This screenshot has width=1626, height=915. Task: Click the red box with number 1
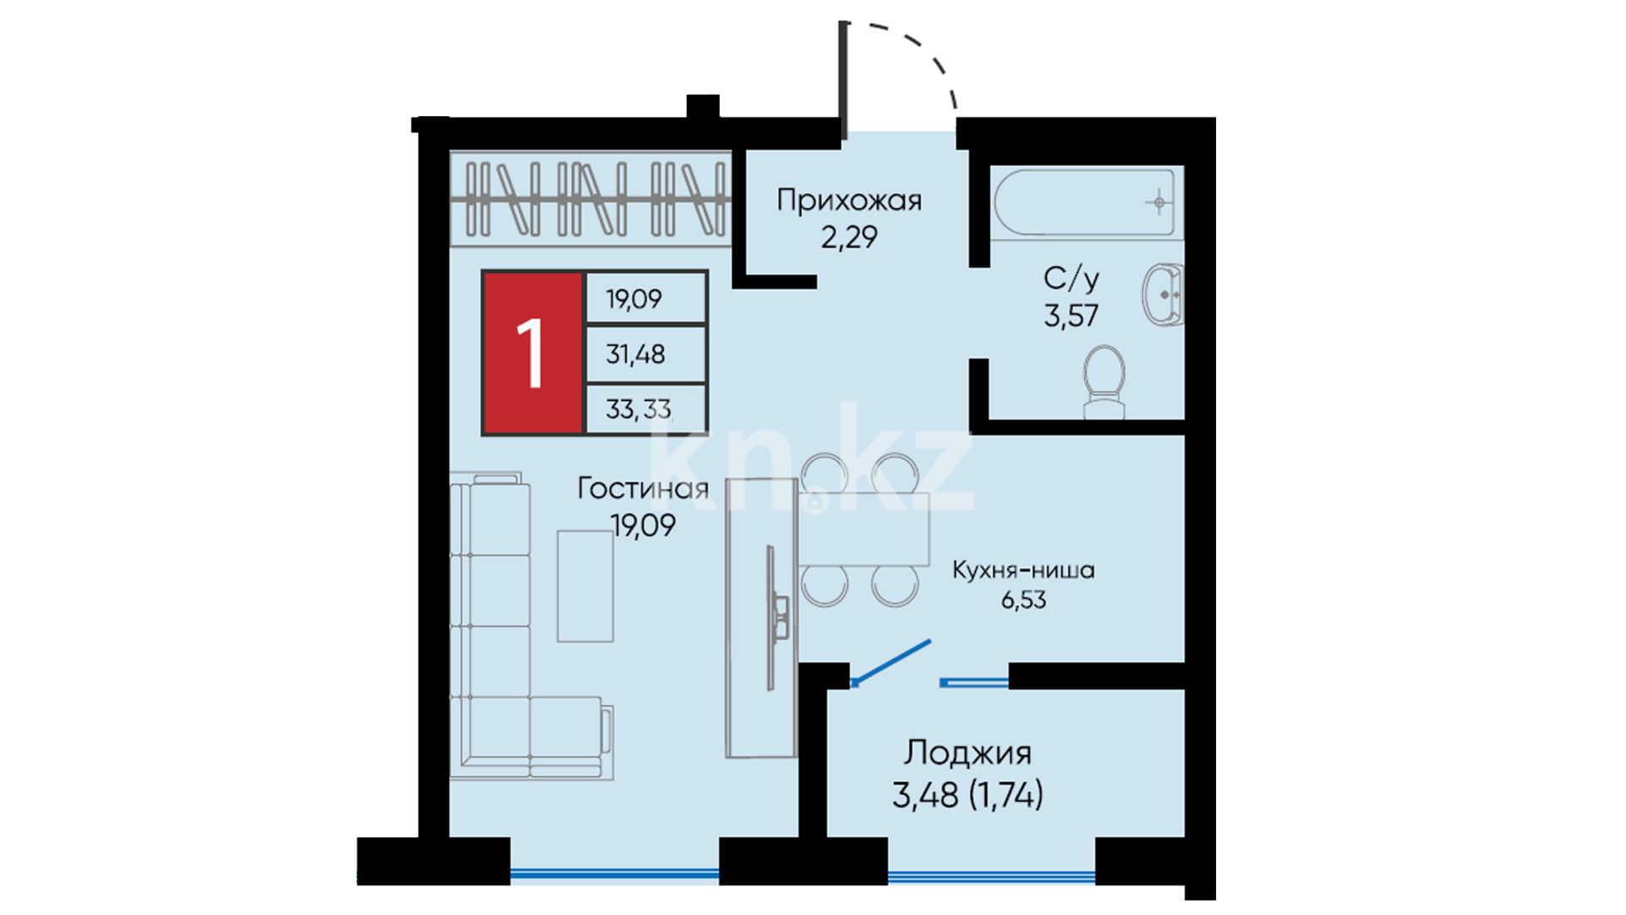tap(533, 352)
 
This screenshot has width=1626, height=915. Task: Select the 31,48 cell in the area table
tap(646, 354)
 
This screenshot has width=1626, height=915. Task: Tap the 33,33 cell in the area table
tap(646, 409)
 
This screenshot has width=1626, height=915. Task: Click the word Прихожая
tap(849, 201)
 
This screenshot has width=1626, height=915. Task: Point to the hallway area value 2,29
tap(849, 237)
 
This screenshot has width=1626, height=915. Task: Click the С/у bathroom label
tap(1071, 278)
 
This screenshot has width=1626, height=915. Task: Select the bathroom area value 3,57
tap(1071, 316)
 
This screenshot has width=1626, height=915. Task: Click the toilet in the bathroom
tap(1104, 381)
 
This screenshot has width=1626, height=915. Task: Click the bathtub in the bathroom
tap(1085, 202)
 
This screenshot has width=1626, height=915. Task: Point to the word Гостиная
tap(643, 489)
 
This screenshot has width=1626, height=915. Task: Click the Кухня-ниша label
tap(1023, 570)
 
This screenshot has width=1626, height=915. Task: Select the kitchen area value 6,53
tap(1023, 600)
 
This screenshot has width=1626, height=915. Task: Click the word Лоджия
tap(967, 752)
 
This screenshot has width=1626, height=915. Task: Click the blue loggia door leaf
tap(892, 662)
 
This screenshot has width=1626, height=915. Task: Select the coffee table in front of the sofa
tap(585, 586)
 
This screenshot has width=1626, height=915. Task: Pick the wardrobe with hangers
tap(590, 199)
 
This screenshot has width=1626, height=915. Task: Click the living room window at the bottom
tap(615, 874)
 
